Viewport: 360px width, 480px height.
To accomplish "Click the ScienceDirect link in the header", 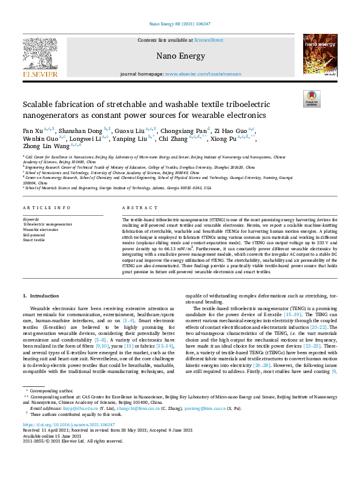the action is (208, 40).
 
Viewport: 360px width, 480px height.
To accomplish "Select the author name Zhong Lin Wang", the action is (45, 146).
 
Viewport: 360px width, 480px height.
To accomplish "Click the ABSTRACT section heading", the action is (136, 207).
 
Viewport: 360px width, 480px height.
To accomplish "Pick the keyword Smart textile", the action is (34, 240).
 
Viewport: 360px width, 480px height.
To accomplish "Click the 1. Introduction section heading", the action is (41, 296).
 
